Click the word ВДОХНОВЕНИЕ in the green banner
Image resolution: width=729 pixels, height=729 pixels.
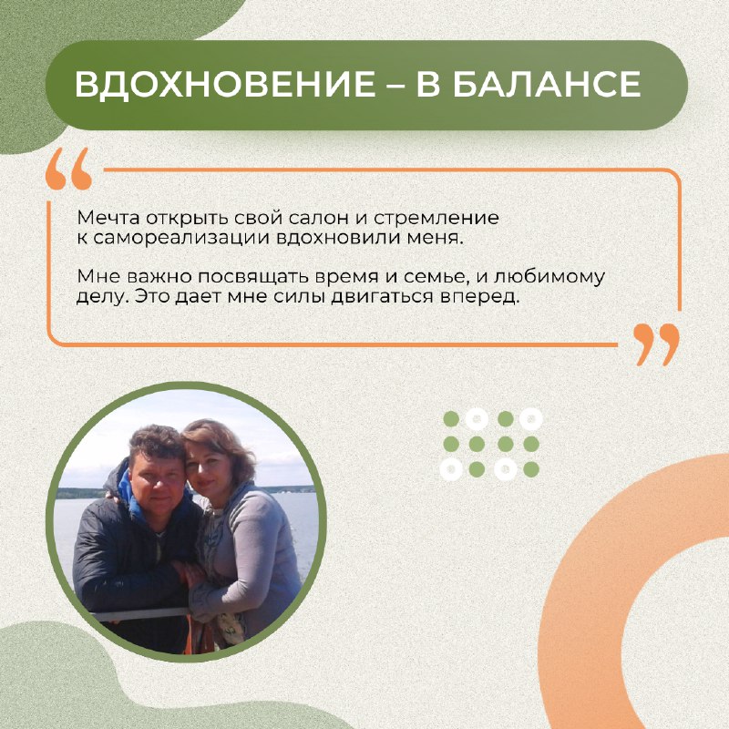pos(225,85)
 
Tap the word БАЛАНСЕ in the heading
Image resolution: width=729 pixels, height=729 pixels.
pos(547,85)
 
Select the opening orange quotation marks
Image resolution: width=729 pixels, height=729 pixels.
pos(69,169)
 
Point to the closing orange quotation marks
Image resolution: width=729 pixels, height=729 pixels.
pos(656,344)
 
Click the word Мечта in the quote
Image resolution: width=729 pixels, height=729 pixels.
pos(108,218)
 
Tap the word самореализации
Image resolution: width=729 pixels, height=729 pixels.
pos(181,238)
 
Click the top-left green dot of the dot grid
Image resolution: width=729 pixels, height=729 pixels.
pos(451,419)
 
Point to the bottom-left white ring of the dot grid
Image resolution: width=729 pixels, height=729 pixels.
pos(451,469)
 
